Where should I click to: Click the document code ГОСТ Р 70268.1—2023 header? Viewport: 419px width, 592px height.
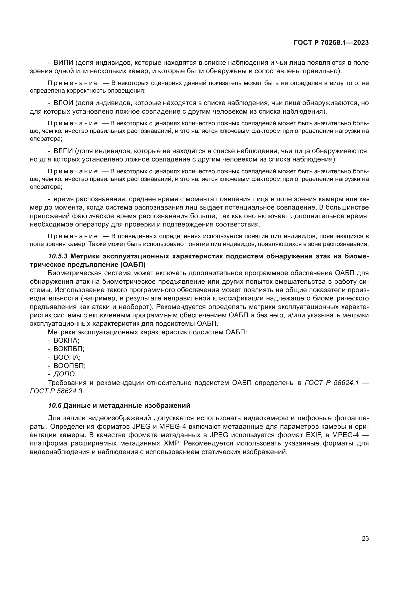coord(331,43)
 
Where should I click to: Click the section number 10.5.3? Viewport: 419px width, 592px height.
coord(58,256)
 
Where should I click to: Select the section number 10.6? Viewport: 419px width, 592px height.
coord(55,405)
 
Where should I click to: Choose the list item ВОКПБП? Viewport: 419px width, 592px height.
coord(69,349)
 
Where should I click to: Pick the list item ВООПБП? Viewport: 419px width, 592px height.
coord(69,366)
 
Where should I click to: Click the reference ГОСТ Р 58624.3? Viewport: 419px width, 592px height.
coord(56,391)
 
